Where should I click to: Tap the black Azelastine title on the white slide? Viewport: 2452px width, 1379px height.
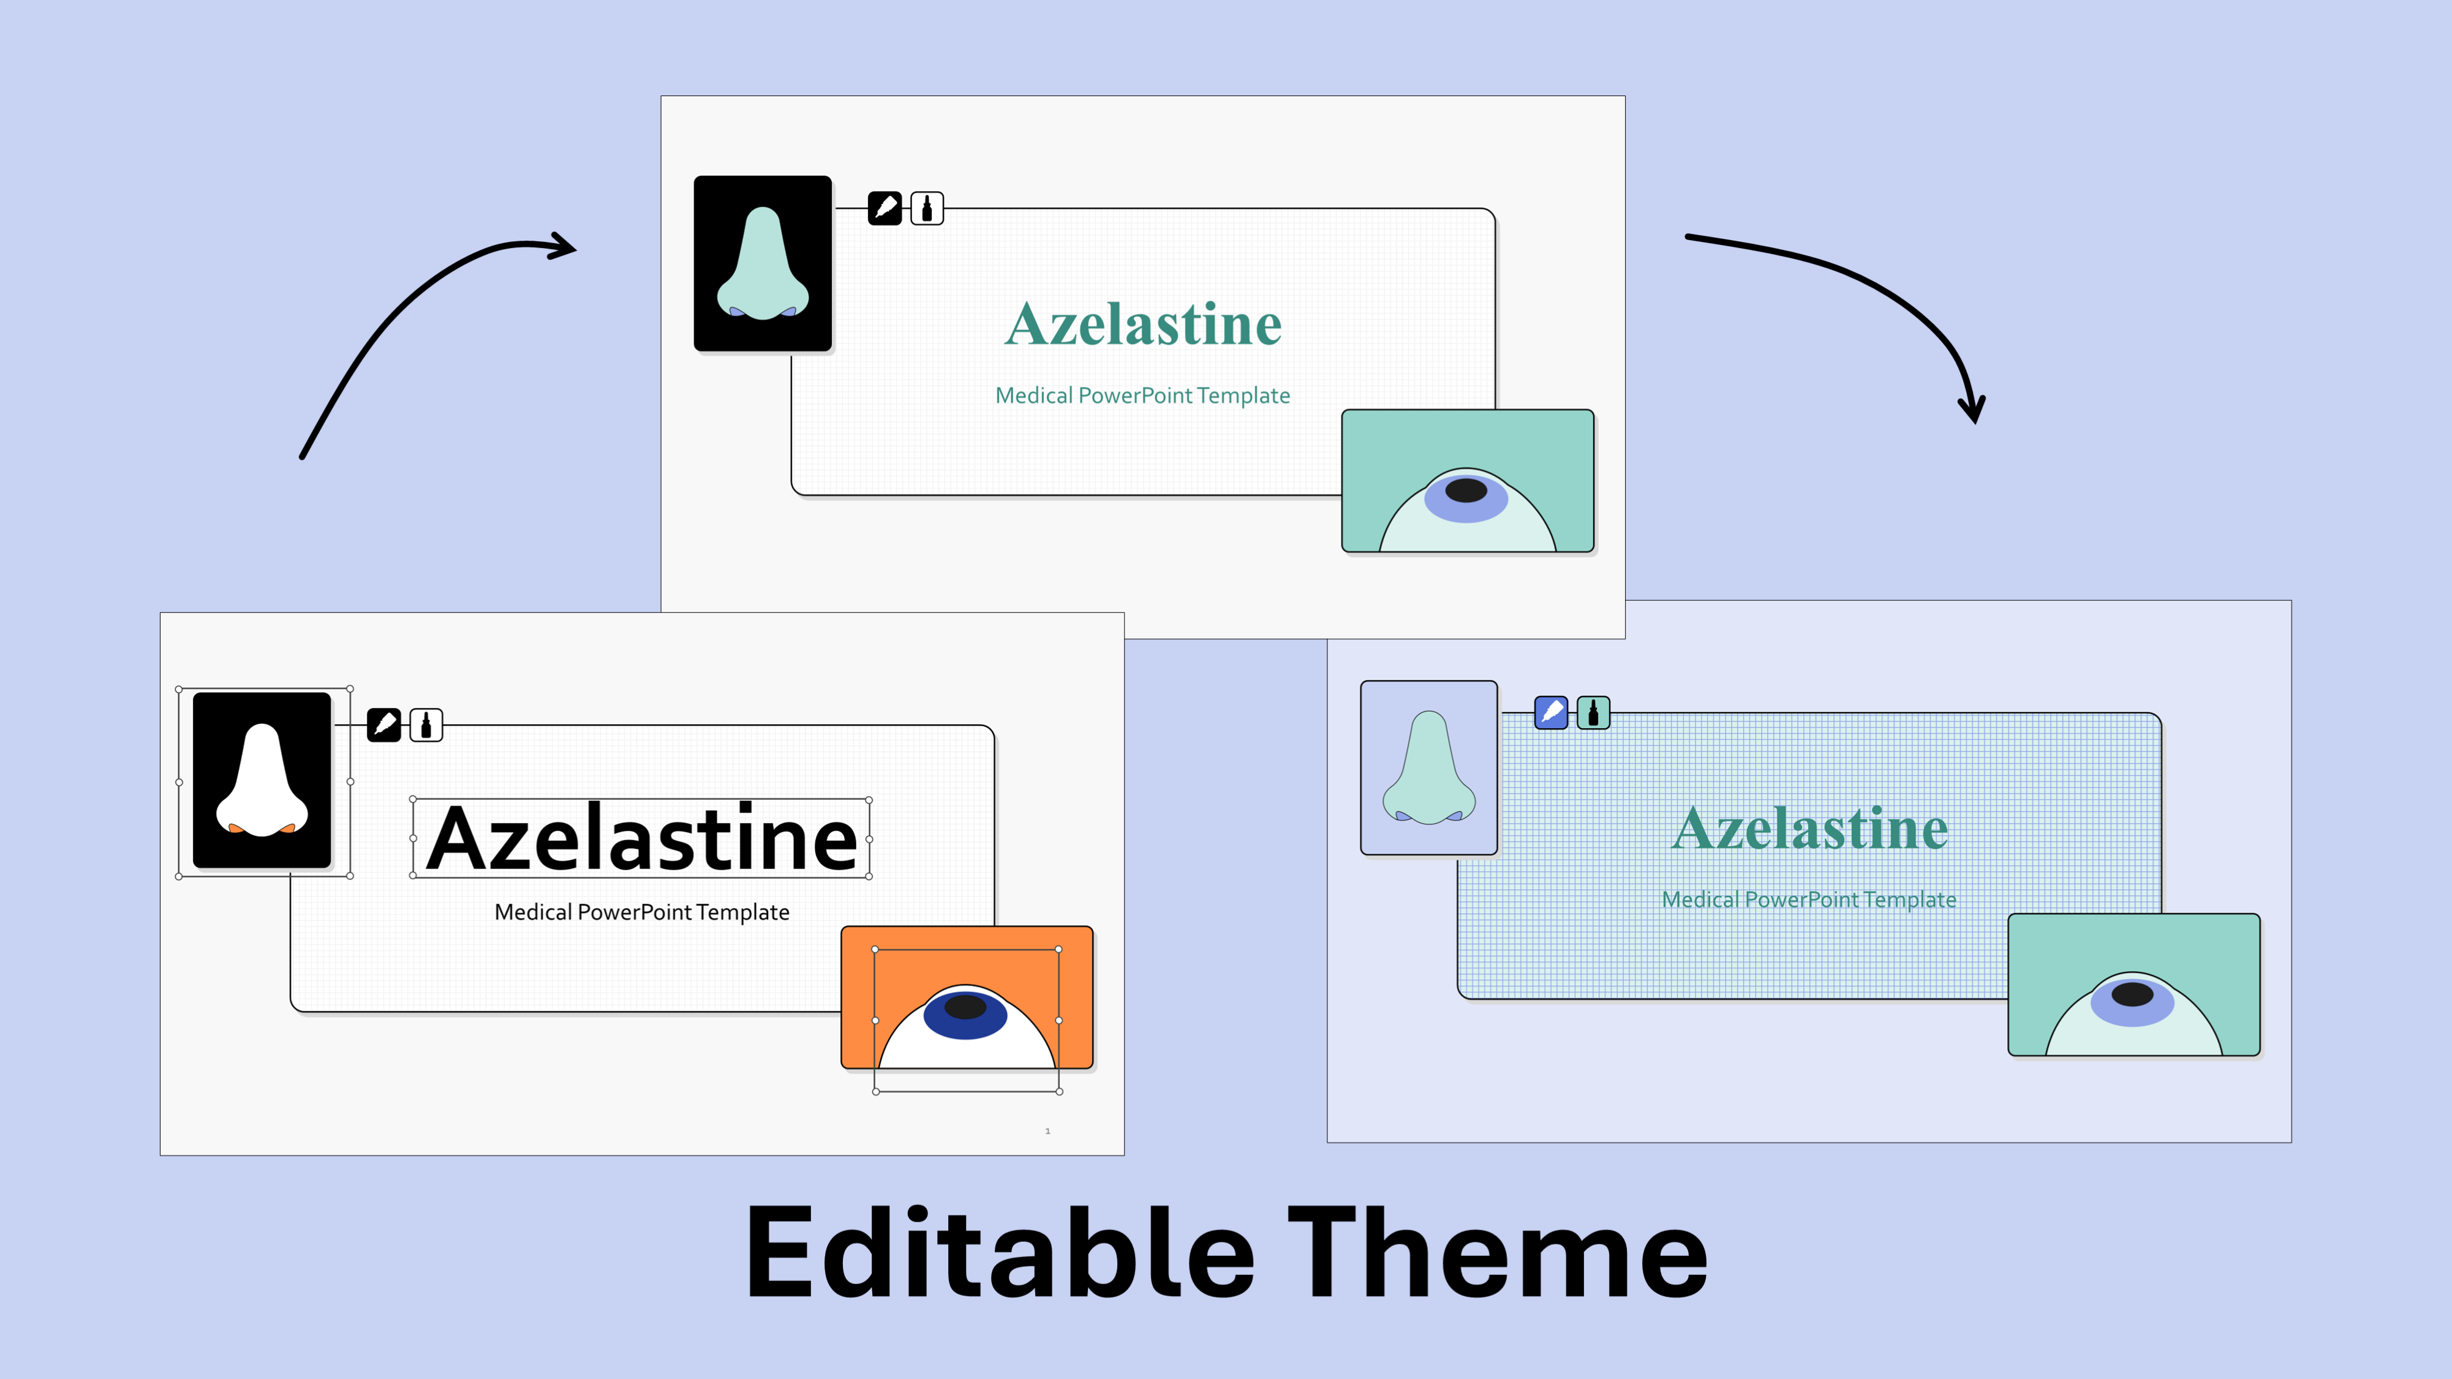click(641, 838)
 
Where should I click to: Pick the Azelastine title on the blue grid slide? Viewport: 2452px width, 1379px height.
click(1809, 828)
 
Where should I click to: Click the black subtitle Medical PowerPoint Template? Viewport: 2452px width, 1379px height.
click(641, 912)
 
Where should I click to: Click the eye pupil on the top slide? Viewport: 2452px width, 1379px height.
click(1466, 490)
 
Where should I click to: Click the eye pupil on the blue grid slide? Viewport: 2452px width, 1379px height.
click(2132, 994)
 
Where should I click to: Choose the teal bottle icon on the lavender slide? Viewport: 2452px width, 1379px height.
click(1593, 712)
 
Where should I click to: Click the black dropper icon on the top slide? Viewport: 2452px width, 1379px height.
click(885, 208)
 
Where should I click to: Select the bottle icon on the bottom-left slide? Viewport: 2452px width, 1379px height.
click(426, 725)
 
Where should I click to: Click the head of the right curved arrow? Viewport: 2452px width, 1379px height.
click(1971, 409)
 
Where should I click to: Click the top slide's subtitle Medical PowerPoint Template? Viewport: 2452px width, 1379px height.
click(1142, 395)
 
